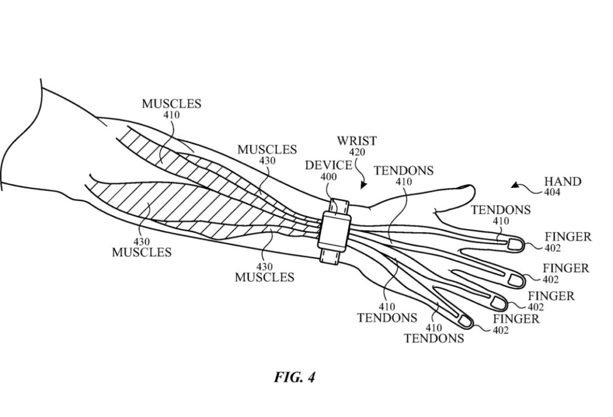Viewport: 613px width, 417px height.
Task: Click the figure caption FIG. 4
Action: click(295, 378)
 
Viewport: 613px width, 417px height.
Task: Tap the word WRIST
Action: click(356, 141)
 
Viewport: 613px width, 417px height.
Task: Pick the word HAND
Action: click(562, 181)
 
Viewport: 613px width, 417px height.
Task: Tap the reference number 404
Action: click(562, 193)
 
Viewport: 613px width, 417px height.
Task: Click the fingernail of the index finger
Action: click(513, 244)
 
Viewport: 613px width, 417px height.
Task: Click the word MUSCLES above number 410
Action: click(171, 104)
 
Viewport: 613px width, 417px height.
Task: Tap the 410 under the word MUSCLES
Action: click(171, 115)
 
